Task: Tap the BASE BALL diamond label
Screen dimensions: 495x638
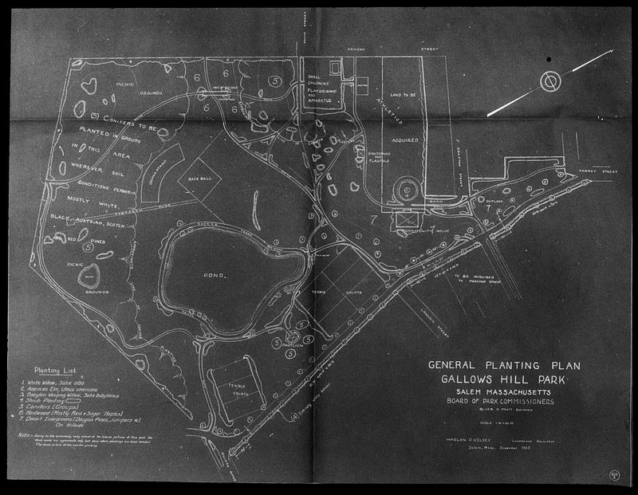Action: pos(198,180)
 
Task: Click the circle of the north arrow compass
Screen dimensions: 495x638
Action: pos(548,82)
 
